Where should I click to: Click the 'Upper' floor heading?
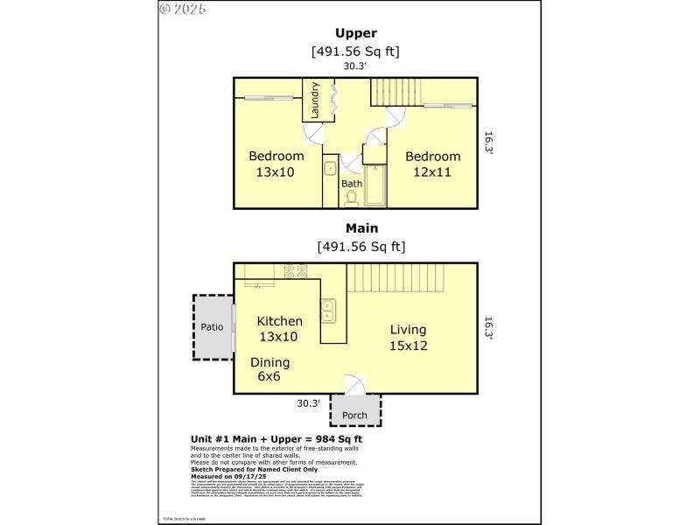click(355, 34)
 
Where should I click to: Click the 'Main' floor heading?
click(355, 228)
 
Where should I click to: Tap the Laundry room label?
click(315, 101)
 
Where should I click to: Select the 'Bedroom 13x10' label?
click(276, 164)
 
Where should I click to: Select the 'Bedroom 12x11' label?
click(432, 164)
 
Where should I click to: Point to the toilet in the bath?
click(352, 199)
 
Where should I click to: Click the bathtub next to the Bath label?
click(374, 185)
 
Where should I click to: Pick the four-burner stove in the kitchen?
click(291, 271)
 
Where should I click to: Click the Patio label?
click(212, 327)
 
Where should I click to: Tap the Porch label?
click(354, 415)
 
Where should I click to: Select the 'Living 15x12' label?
click(408, 337)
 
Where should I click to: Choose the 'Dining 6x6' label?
click(269, 369)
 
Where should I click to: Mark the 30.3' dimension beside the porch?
click(308, 403)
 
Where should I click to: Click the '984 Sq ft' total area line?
click(276, 438)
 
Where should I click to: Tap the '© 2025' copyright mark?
click(183, 9)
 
